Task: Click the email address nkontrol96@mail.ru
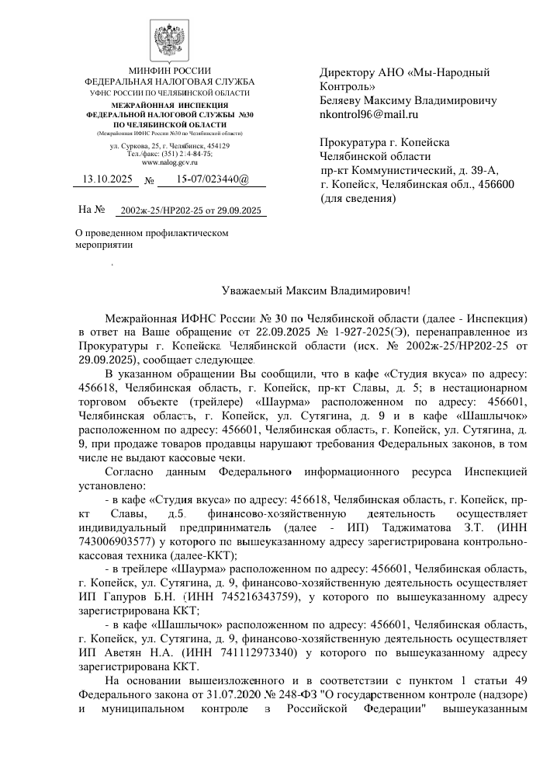click(x=368, y=114)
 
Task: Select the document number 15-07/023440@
click(x=212, y=179)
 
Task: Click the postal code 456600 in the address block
click(x=495, y=183)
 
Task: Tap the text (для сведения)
click(x=358, y=198)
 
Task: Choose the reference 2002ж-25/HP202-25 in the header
click(x=158, y=210)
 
